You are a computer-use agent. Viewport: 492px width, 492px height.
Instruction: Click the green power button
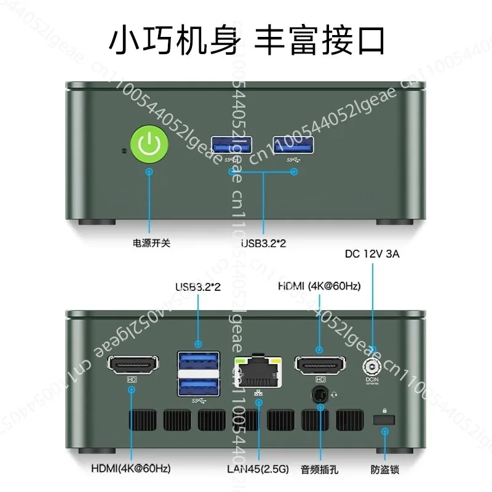[149, 145]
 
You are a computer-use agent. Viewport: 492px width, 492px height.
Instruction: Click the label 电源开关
[151, 243]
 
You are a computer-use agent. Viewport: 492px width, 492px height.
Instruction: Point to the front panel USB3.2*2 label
[264, 244]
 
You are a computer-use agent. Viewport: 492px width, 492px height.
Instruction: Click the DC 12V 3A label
[372, 253]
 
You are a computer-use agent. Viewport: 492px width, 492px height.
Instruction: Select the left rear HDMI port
[133, 366]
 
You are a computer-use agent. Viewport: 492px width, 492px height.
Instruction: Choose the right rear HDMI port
[320, 366]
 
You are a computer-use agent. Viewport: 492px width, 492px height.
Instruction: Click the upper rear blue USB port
[199, 360]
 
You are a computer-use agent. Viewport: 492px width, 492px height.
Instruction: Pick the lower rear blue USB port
[199, 386]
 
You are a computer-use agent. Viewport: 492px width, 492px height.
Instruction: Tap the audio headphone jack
[320, 394]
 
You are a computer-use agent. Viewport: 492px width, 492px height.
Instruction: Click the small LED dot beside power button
[125, 149]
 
